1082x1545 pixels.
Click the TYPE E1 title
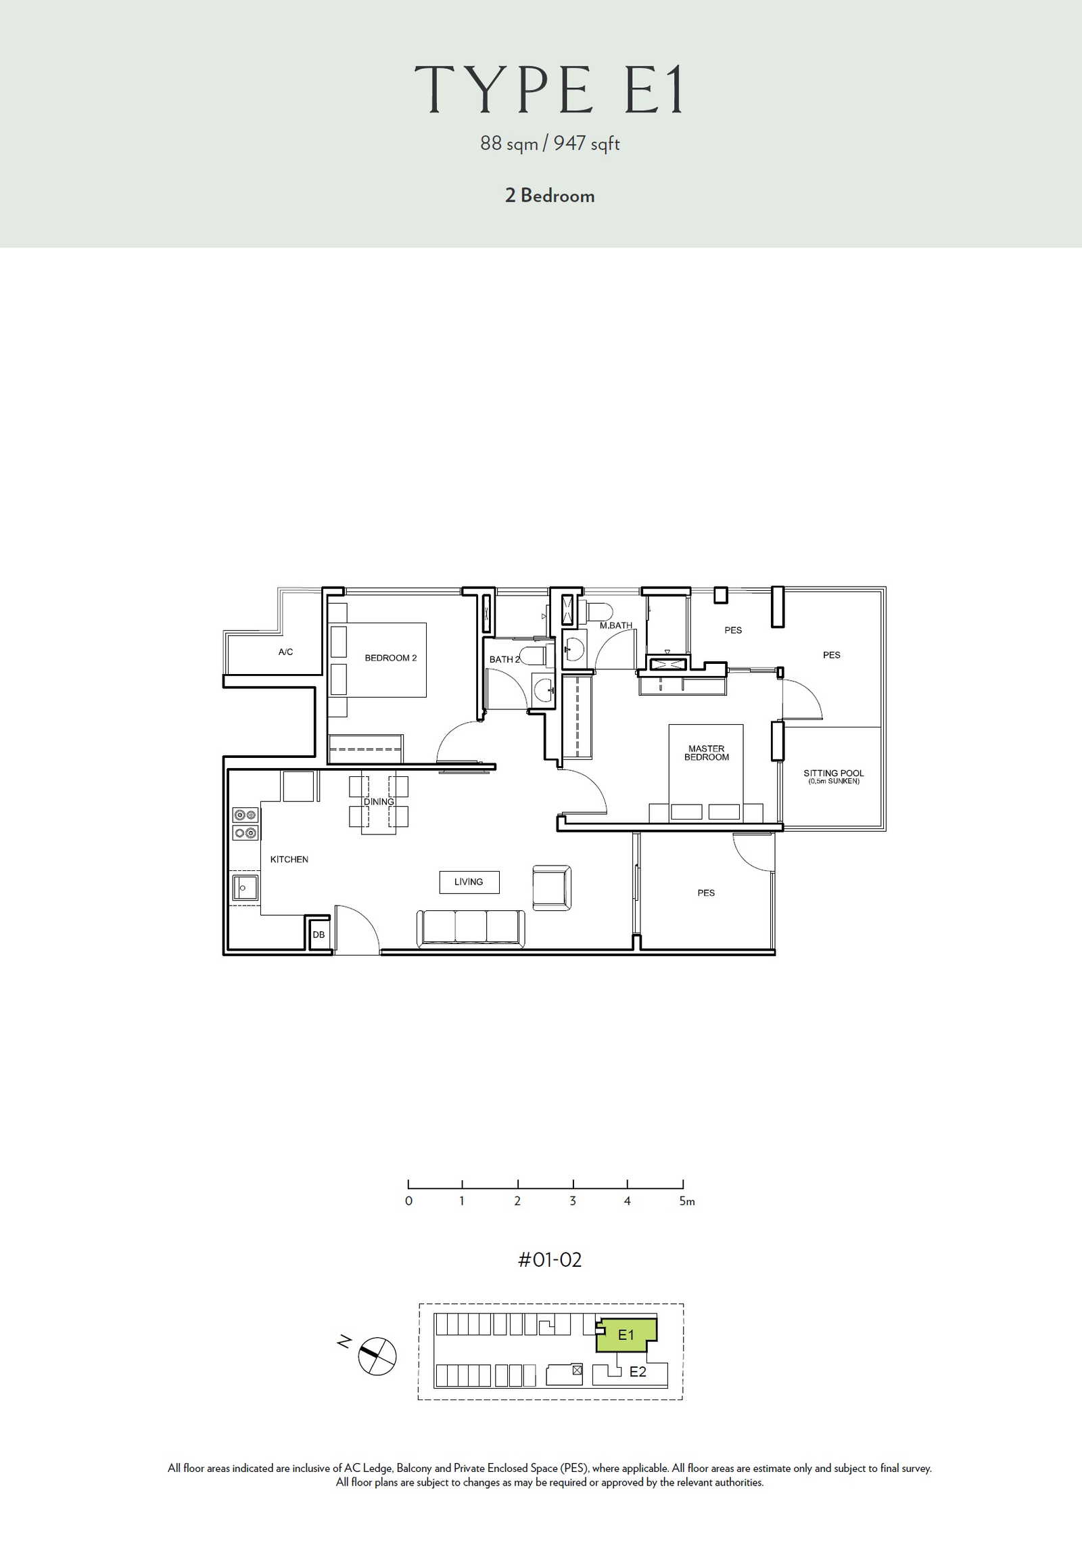click(549, 89)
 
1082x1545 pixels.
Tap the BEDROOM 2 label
click(391, 658)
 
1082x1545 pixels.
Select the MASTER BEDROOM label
click(707, 753)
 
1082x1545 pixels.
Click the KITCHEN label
click(289, 859)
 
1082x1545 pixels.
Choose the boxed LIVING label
click(469, 882)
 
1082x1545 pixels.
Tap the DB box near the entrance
click(319, 934)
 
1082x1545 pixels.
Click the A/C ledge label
click(286, 652)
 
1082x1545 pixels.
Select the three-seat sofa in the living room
click(470, 928)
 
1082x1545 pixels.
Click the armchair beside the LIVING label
click(552, 887)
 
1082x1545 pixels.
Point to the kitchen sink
click(245, 888)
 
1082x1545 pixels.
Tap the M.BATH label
click(616, 625)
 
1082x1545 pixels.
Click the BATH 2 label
click(504, 659)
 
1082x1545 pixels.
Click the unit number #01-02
click(550, 1259)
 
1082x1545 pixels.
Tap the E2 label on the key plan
click(638, 1372)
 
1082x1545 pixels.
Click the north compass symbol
click(377, 1356)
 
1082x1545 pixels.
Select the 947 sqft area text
click(586, 143)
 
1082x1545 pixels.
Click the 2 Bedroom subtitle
click(550, 196)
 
